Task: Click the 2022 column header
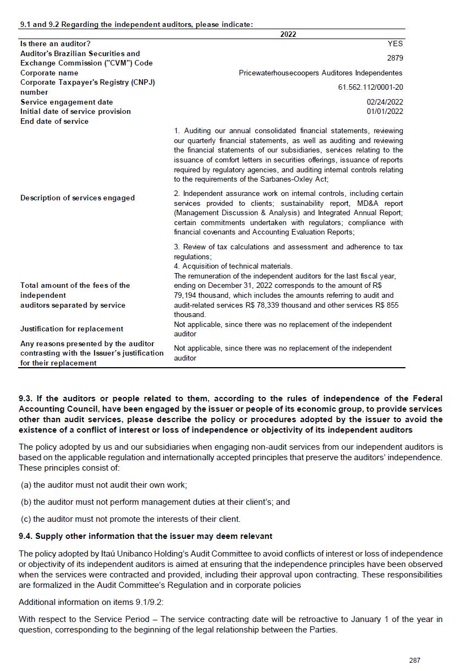(x=288, y=34)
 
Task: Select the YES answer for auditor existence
(x=395, y=43)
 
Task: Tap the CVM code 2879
(x=394, y=58)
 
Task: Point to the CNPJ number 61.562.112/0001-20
(x=370, y=87)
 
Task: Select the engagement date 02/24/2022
(x=385, y=102)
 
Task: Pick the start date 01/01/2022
(x=385, y=111)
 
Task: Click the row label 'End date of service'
(x=54, y=121)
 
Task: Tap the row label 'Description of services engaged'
(x=77, y=198)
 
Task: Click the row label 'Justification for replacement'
(x=72, y=329)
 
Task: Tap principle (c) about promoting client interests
(x=130, y=519)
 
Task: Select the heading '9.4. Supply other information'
(x=145, y=536)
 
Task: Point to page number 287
(x=415, y=660)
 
